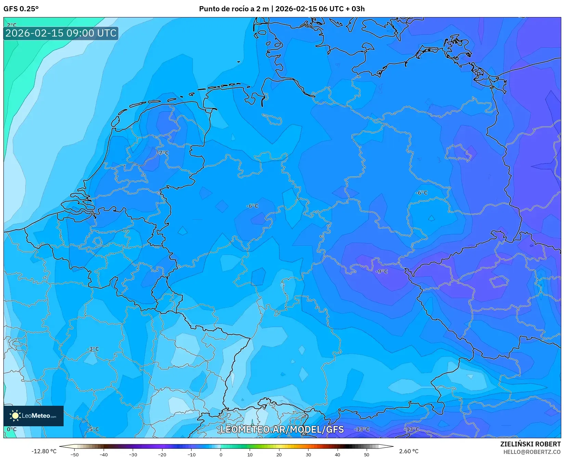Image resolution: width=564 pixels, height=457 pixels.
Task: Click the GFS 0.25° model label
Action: click(21, 9)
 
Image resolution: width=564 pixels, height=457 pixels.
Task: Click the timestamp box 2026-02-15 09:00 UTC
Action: click(61, 33)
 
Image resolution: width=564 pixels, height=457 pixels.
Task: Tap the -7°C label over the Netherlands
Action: click(163, 153)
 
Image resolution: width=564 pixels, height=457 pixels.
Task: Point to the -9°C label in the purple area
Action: click(382, 272)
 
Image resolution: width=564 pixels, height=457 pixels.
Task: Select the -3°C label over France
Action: click(93, 349)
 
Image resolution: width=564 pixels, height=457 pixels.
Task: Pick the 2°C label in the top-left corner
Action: click(12, 25)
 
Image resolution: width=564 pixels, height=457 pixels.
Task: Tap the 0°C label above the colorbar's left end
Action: click(12, 429)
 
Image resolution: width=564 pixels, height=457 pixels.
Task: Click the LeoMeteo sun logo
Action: click(15, 416)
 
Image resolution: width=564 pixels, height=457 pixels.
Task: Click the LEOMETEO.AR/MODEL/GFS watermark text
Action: click(282, 429)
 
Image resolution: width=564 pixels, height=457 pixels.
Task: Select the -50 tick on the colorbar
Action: click(74, 455)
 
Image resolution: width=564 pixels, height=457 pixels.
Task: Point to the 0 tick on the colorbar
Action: click(221, 455)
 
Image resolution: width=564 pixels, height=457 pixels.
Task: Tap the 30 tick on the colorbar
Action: click(309, 455)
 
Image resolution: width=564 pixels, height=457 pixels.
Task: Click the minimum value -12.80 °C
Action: click(44, 451)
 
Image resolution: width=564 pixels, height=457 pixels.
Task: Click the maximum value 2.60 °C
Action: click(409, 451)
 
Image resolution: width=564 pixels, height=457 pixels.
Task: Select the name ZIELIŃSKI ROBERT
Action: click(530, 444)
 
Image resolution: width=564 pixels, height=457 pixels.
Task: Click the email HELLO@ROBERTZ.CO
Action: click(532, 452)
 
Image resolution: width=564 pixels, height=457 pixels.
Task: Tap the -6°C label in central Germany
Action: click(252, 206)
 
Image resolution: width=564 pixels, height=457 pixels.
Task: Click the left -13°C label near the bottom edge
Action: click(362, 429)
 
